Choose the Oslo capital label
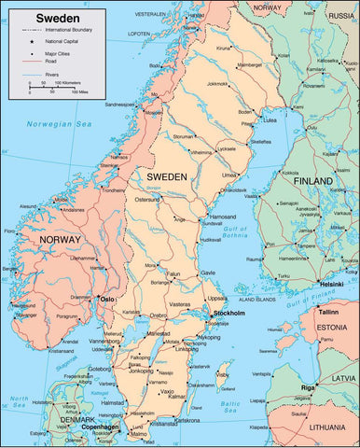coord(107,299)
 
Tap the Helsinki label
coord(332,284)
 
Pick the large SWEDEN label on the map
coord(167,176)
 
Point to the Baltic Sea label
coord(231,408)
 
